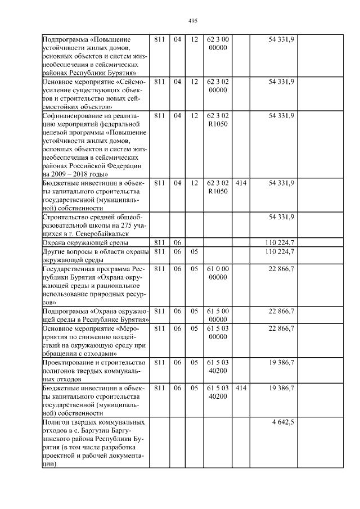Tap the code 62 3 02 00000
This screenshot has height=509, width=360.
click(x=217, y=85)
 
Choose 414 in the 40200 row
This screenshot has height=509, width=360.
click(x=241, y=388)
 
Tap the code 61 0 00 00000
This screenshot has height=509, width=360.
click(x=217, y=272)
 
